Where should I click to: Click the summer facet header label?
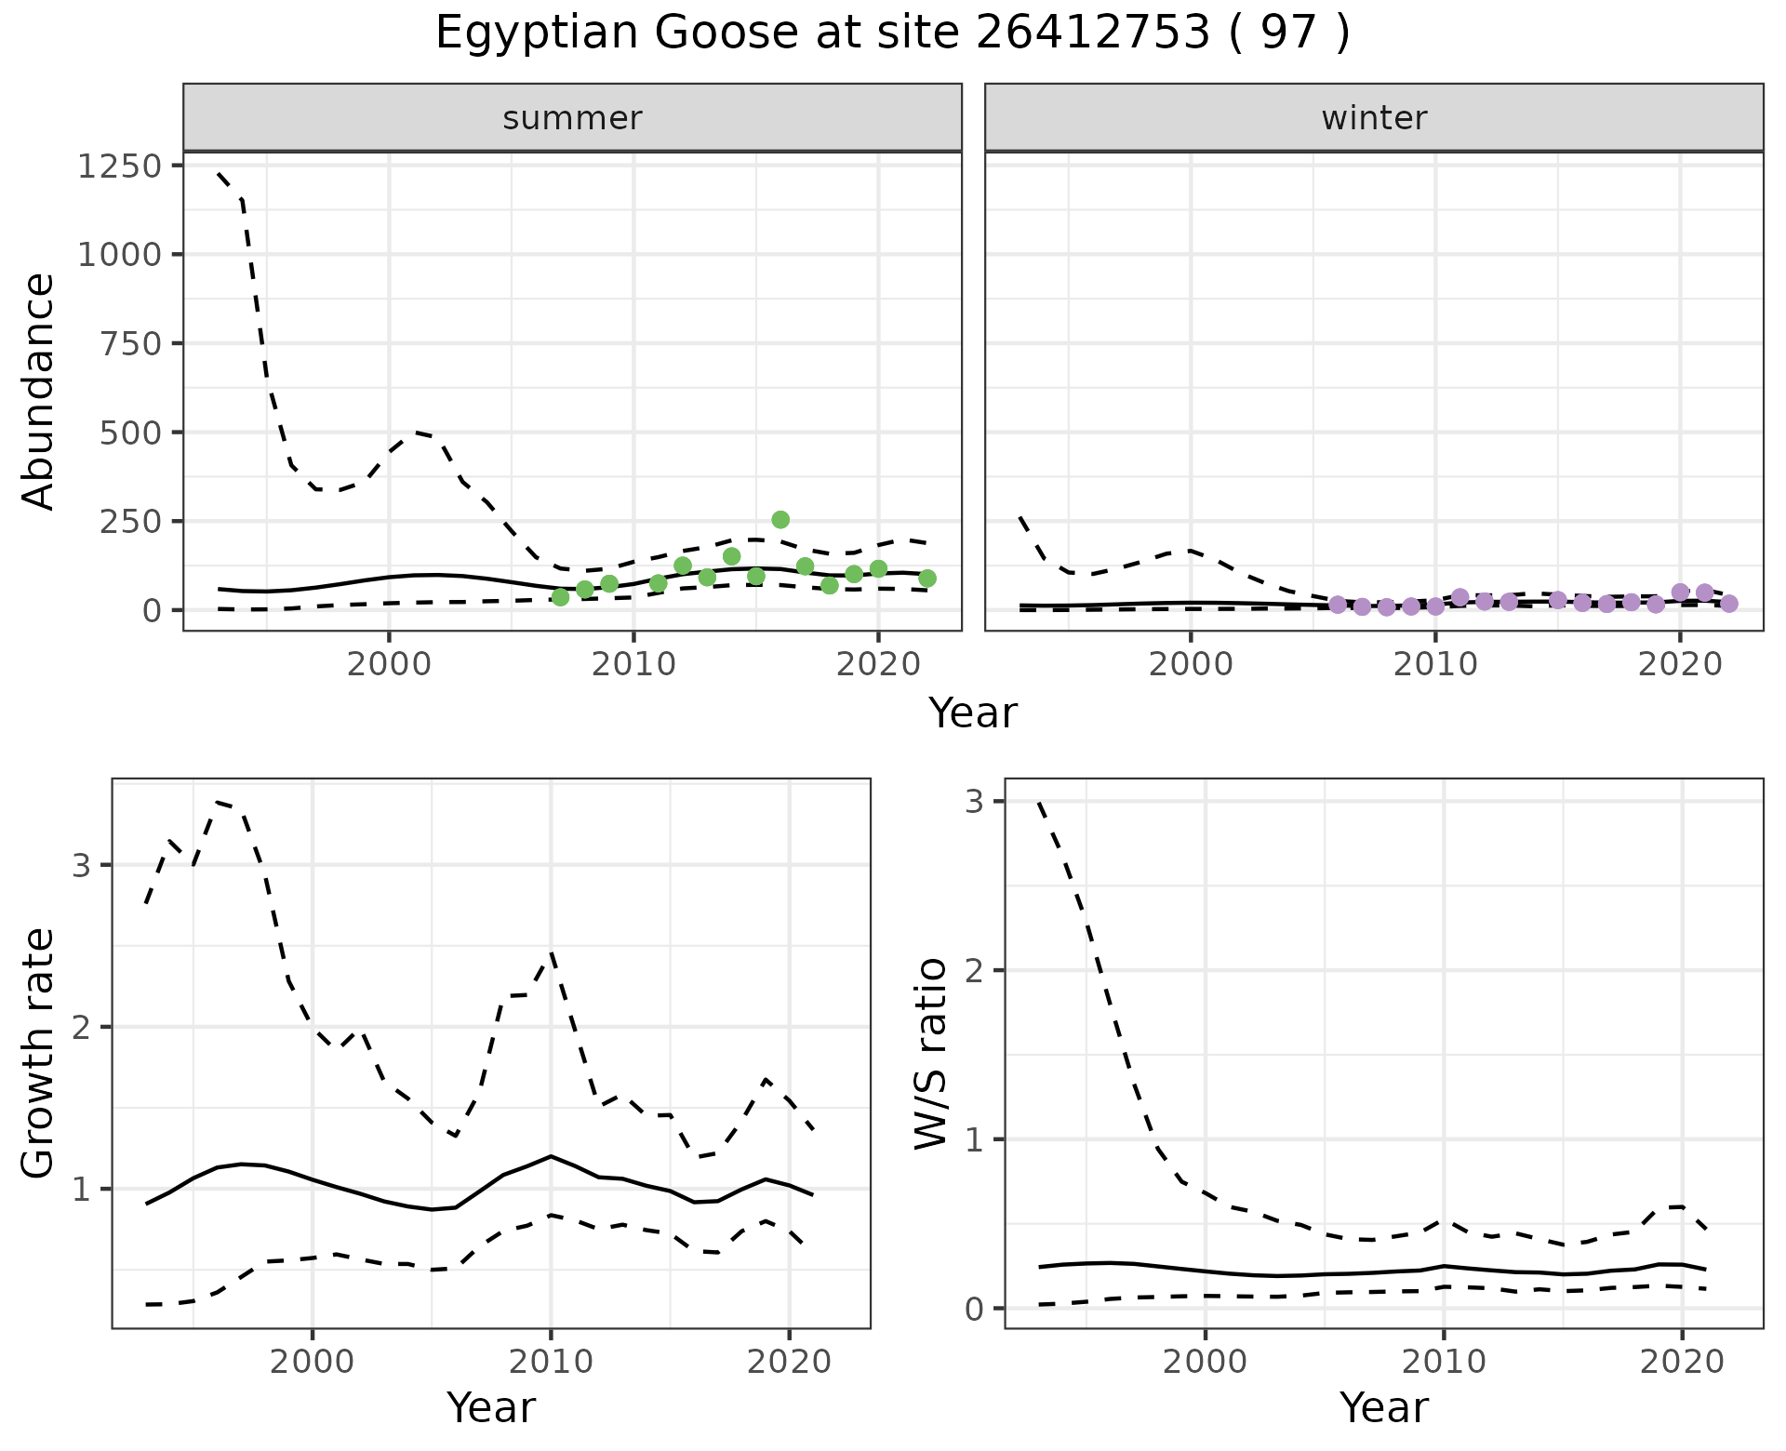tap(572, 118)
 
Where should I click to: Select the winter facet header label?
tap(1374, 118)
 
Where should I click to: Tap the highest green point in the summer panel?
tap(780, 519)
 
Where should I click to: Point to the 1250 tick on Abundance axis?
tap(120, 166)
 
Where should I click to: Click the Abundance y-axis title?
tap(39, 391)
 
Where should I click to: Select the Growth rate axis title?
tap(39, 1053)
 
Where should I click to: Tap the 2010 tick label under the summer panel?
tap(633, 665)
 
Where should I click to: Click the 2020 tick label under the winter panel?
tap(1680, 665)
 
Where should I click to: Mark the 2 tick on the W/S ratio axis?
tap(974, 970)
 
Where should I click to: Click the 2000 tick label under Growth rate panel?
tap(313, 1363)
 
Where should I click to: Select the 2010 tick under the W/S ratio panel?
tap(1444, 1363)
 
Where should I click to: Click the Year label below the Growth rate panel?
tap(491, 1408)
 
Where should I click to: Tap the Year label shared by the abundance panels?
tap(973, 713)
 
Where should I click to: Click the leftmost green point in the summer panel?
tap(560, 597)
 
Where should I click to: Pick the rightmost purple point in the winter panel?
tap(1729, 604)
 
